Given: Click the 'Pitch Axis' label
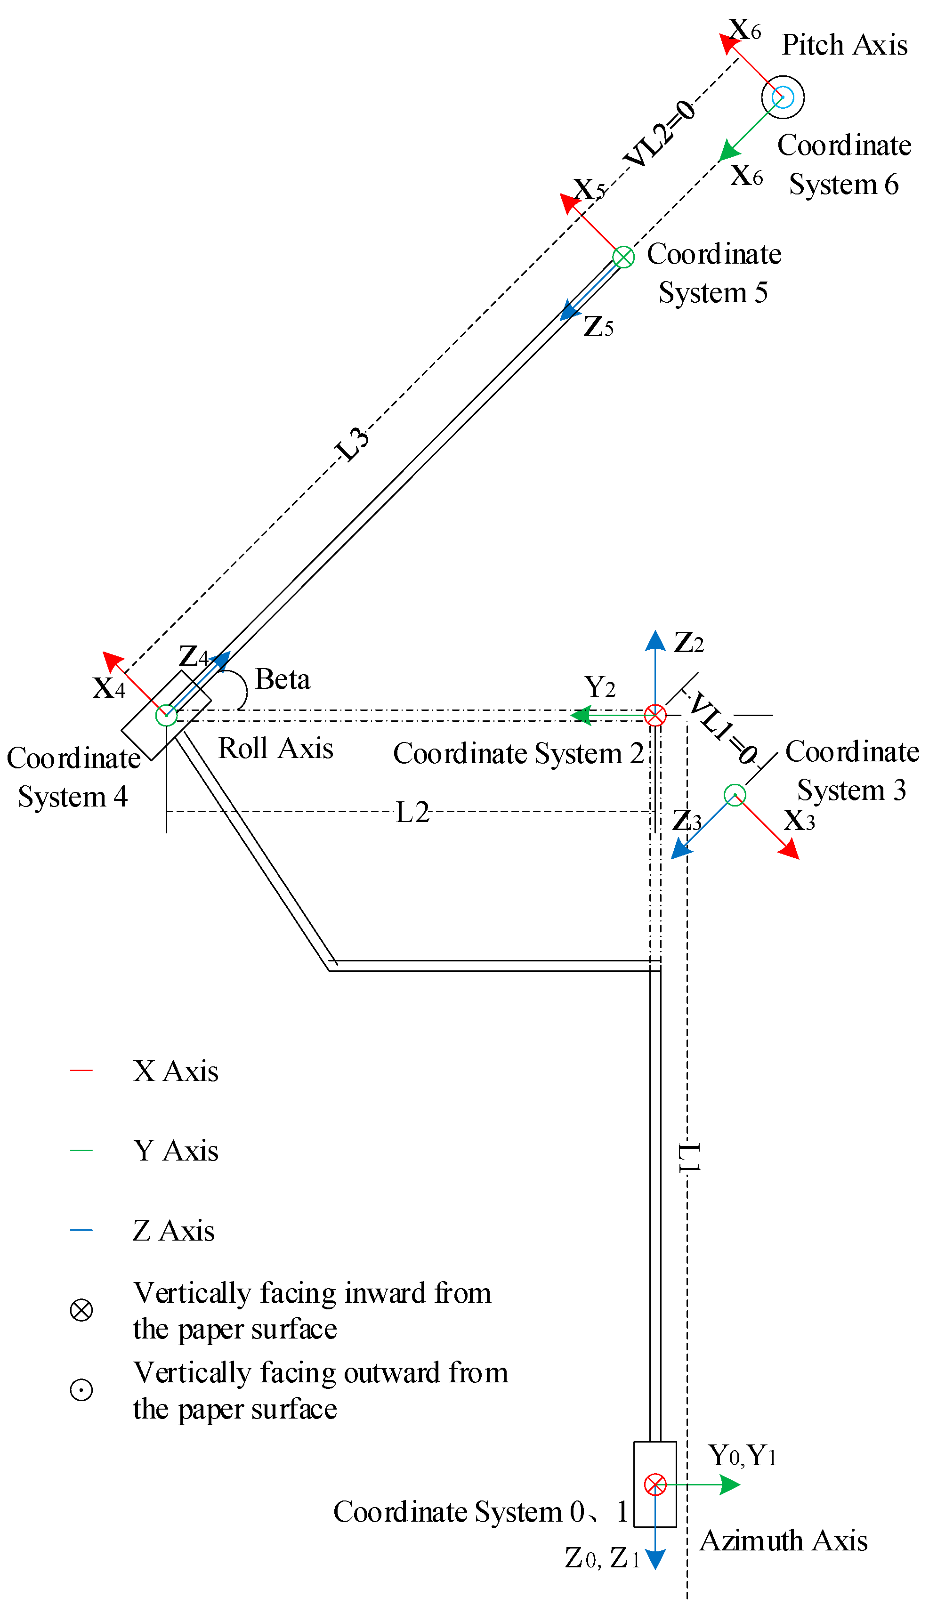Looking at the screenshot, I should coord(844,45).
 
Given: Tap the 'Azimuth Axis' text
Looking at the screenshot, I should coord(784,1541).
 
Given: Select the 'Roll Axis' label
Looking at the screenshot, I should coord(275,748).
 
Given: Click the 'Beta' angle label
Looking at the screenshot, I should coord(283,679).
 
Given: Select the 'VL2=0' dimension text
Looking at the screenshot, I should coord(661,133).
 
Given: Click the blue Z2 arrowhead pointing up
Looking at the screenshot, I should coord(655,640).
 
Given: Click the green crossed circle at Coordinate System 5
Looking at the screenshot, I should coord(623,257).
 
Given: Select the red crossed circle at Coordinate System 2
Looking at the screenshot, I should coord(655,715).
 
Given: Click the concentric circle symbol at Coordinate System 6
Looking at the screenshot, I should coord(783,97).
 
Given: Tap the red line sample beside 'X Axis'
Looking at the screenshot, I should coord(81,1070).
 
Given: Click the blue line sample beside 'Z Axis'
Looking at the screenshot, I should coord(81,1230).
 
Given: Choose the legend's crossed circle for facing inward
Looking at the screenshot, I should coord(81,1310).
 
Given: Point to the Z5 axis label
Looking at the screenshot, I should coord(598,327).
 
